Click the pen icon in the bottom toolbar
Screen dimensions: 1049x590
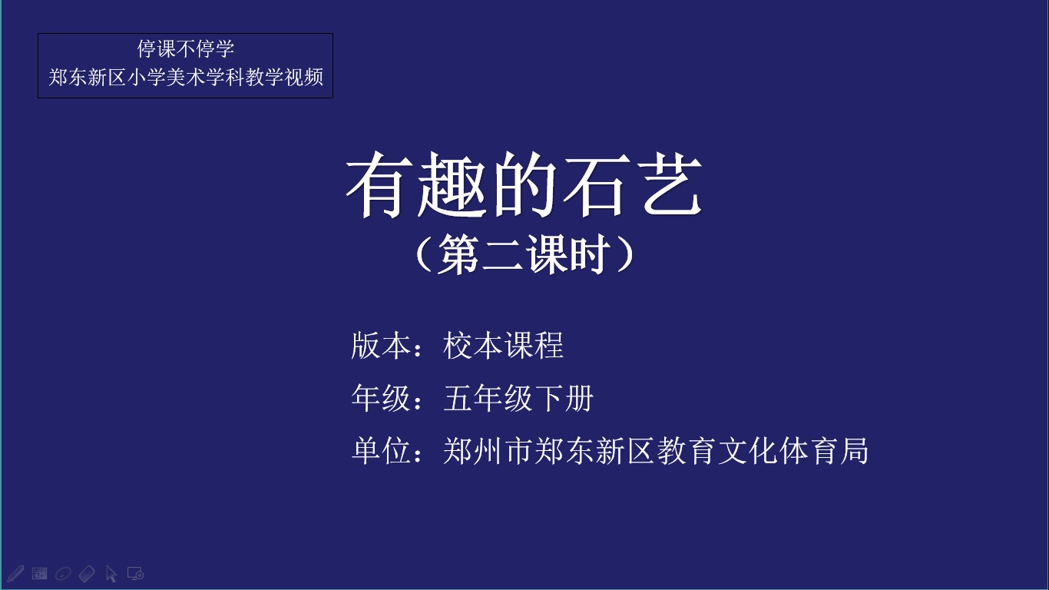15,574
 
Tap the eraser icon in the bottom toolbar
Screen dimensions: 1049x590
87,574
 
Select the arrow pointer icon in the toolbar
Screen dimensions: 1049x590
111,574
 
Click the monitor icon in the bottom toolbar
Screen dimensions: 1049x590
135,574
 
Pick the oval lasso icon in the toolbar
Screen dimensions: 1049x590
63,574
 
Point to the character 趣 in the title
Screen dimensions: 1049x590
451,184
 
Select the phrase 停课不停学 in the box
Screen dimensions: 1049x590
185,48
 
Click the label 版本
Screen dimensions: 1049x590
381,346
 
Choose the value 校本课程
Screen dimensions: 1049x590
503,346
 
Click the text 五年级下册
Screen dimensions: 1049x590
518,399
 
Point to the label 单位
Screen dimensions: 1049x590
381,451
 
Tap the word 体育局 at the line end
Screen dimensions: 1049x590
823,451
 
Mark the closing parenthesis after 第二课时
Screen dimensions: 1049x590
626,254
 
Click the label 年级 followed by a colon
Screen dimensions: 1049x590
388,399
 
